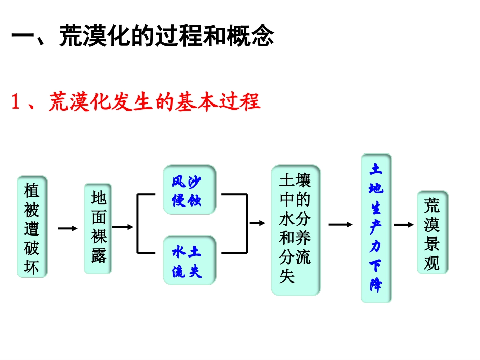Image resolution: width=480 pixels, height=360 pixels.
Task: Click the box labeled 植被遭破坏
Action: pyautogui.click(x=32, y=227)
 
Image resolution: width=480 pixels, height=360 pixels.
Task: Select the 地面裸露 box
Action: pyautogui.click(x=98, y=229)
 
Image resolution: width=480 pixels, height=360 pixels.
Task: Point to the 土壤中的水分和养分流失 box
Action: pyautogui.click(x=296, y=230)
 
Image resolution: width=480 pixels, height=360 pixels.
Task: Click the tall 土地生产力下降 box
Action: pyautogui.click(x=376, y=228)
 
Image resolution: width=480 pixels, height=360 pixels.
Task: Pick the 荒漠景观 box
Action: pyautogui.click(x=432, y=233)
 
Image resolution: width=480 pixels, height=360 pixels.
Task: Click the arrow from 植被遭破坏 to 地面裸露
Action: pyautogui.click(x=67, y=229)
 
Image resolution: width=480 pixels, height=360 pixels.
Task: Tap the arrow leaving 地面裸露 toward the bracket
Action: pyautogui.click(x=122, y=227)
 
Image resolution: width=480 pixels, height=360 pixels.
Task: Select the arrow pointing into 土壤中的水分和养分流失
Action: pyautogui.click(x=257, y=223)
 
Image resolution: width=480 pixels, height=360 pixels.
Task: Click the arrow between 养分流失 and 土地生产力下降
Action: pyautogui.click(x=341, y=225)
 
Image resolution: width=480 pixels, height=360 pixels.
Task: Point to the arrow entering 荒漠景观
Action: pyautogui.click(x=404, y=225)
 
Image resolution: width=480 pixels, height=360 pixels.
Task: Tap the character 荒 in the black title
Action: pyautogui.click(x=71, y=37)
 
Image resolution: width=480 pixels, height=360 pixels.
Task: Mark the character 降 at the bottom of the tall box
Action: pyautogui.click(x=376, y=286)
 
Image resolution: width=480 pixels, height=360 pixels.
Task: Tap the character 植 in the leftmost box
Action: pyautogui.click(x=32, y=190)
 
